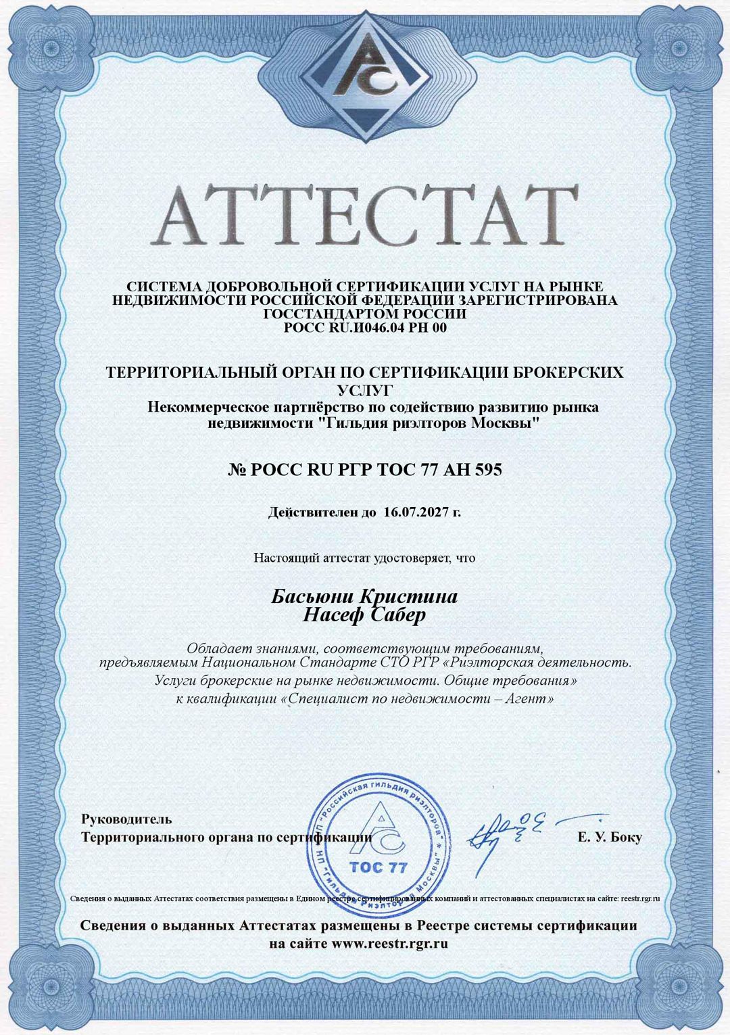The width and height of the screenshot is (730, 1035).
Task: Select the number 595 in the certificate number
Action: tap(487, 469)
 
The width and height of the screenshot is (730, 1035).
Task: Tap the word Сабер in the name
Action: tap(396, 615)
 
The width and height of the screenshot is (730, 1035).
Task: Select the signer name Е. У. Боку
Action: tap(610, 838)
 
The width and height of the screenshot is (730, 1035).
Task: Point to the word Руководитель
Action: tap(127, 819)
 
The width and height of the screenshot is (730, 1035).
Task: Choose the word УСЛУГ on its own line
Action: tap(365, 390)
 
